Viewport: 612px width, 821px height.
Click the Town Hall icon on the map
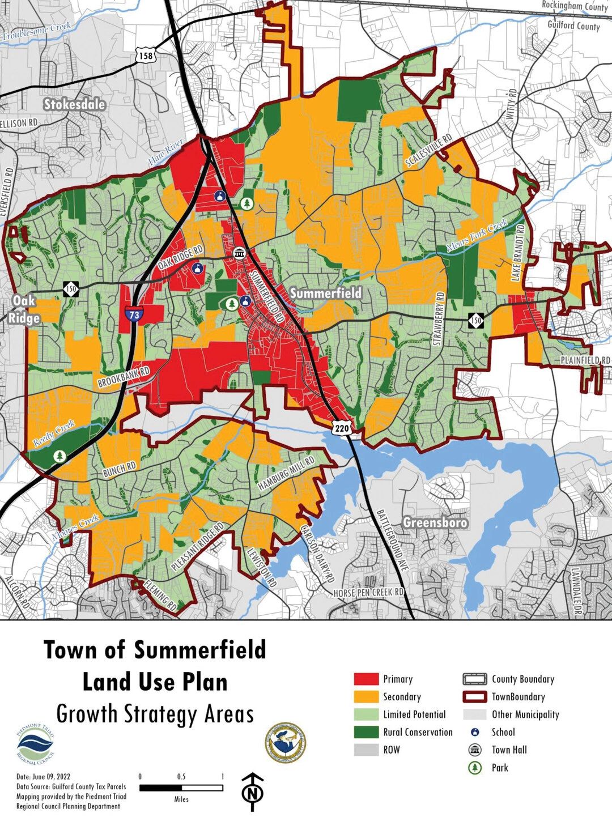(x=238, y=253)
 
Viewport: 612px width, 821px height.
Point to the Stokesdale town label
(x=74, y=104)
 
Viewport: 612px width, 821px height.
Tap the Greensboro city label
(x=435, y=522)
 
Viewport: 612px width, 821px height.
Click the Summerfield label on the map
(x=326, y=293)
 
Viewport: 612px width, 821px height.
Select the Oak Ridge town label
(x=24, y=309)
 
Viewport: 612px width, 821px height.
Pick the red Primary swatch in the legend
(x=366, y=679)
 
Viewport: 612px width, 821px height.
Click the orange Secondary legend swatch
(x=366, y=697)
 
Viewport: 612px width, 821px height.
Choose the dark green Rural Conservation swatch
(x=366, y=732)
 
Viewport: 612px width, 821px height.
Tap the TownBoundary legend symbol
(x=475, y=697)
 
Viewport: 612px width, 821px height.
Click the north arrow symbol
(x=253, y=788)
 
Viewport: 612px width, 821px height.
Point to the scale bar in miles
(x=181, y=788)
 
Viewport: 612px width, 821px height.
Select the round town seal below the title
(x=285, y=742)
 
